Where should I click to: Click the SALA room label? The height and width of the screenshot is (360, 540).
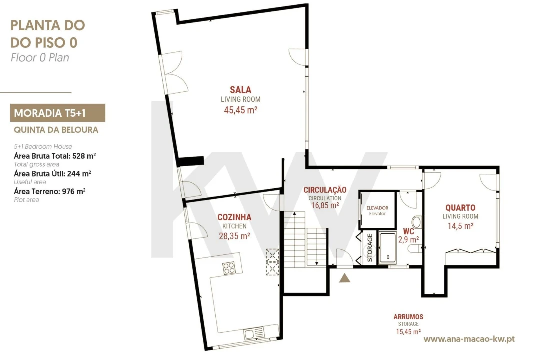[x=240, y=90]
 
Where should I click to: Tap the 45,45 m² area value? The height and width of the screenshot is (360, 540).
[x=240, y=110]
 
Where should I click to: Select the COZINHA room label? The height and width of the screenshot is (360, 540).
[x=234, y=217]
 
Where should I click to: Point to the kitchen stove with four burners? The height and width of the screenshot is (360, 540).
[x=229, y=268]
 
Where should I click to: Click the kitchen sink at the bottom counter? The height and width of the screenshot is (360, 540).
[x=254, y=334]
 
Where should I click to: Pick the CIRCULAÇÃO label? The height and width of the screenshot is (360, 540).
[x=325, y=190]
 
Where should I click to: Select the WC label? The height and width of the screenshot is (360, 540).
[x=409, y=231]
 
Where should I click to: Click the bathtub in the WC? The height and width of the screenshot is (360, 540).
[x=388, y=248]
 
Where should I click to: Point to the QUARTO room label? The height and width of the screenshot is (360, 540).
[x=460, y=207]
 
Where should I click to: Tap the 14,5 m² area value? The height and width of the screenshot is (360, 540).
[x=460, y=226]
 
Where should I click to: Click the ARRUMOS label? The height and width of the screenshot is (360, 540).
[x=408, y=317]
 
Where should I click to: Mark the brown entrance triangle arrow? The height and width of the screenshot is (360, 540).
[x=344, y=278]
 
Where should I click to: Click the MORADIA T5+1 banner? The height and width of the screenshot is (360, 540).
[x=58, y=113]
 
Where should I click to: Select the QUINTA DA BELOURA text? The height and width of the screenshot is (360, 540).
[x=56, y=130]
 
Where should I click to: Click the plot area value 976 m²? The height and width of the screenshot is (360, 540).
[x=73, y=191]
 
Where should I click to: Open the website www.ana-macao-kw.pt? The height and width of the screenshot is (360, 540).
[x=469, y=339]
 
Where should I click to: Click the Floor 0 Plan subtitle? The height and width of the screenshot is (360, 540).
[x=40, y=57]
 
